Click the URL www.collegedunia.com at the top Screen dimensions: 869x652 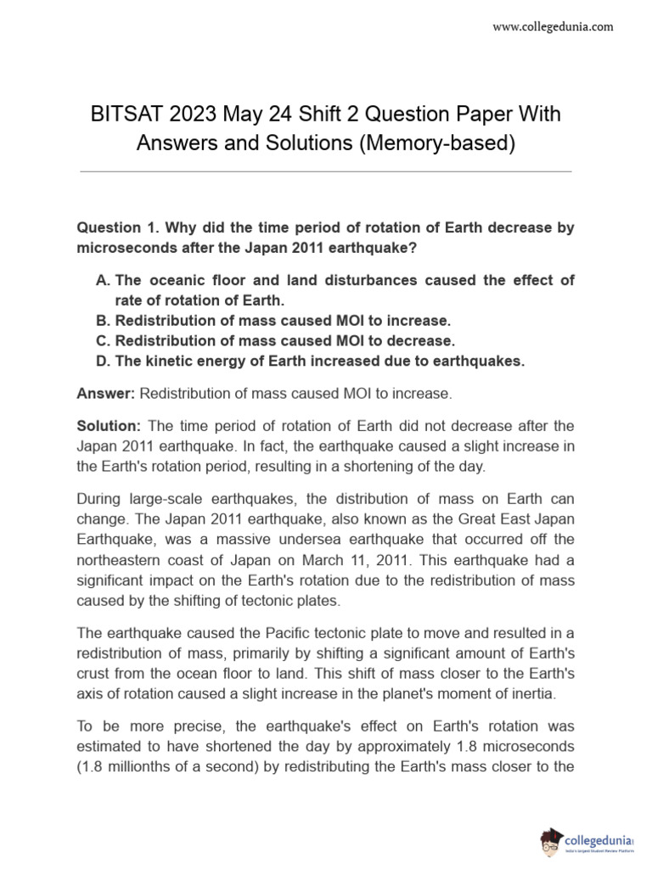553,27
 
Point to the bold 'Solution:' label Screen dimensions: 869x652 110,425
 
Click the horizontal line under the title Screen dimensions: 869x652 325,172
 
